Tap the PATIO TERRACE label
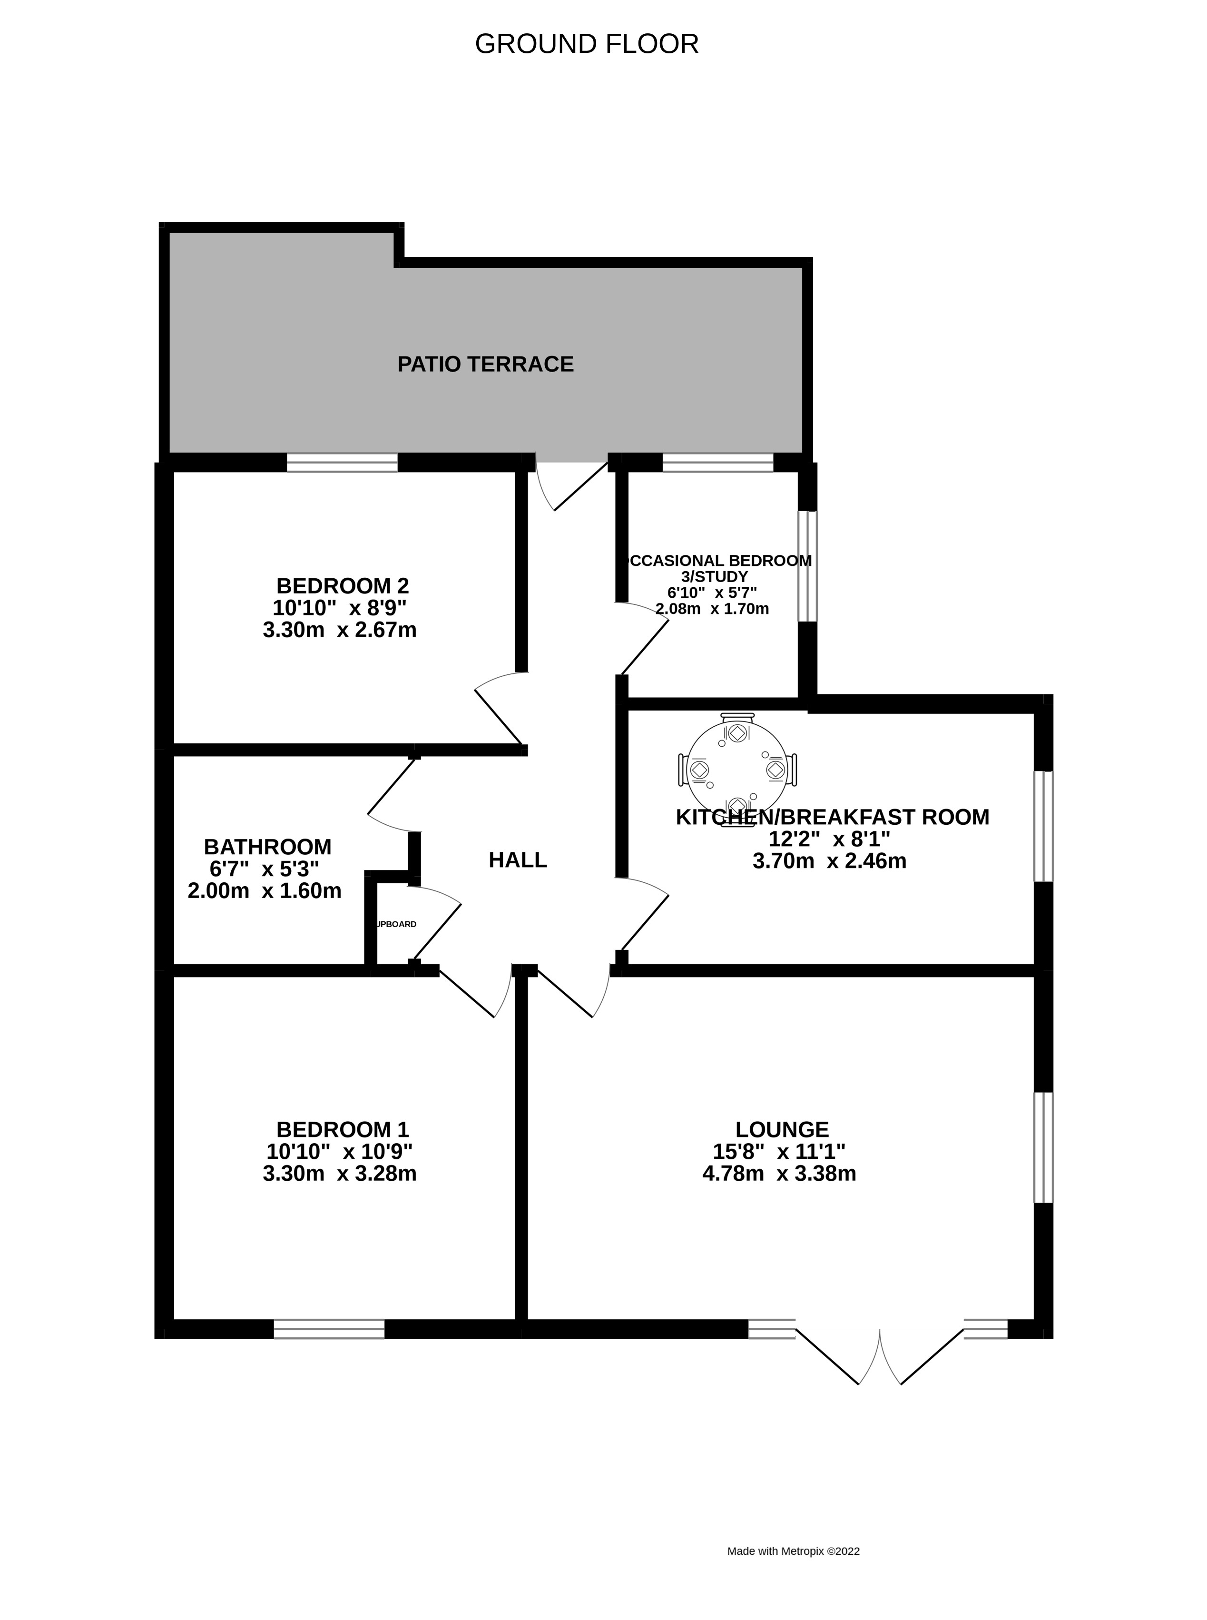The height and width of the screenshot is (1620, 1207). (x=485, y=364)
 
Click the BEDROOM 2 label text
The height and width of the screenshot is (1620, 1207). (x=342, y=585)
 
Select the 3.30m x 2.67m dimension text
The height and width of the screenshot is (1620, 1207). (x=340, y=630)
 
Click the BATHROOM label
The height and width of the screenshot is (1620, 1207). (x=267, y=847)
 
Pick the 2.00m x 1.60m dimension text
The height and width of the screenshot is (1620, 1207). (x=265, y=891)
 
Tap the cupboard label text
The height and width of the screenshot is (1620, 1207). (x=395, y=924)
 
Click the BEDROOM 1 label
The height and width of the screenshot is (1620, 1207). (x=342, y=1130)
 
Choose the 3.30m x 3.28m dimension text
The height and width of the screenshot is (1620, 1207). (x=340, y=1174)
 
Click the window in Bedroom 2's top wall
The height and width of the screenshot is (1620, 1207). (x=342, y=463)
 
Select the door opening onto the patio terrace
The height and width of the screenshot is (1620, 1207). (x=571, y=482)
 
